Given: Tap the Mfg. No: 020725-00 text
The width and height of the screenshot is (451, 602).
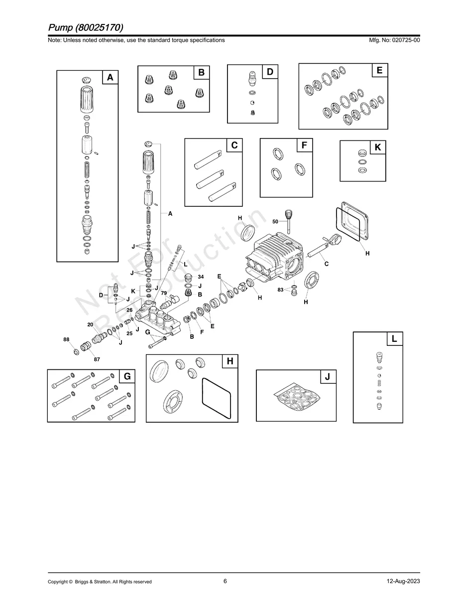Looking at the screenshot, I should click(x=393, y=40).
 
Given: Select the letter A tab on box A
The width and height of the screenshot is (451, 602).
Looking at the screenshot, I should click(x=110, y=77).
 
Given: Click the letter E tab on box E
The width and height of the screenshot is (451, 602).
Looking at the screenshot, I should click(x=379, y=71).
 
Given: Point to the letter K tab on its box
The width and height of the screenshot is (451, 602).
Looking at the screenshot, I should click(x=377, y=148).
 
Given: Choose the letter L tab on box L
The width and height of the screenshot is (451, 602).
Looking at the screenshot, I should click(x=394, y=339).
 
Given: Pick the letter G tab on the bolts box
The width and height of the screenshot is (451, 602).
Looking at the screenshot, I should click(x=127, y=377).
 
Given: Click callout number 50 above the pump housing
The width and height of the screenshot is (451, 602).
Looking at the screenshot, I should click(x=275, y=221).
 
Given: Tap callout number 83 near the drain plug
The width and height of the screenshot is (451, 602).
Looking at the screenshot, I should click(x=281, y=290).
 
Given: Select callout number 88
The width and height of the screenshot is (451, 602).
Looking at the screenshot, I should click(x=66, y=339).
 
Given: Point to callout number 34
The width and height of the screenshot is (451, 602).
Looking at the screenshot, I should click(x=201, y=277).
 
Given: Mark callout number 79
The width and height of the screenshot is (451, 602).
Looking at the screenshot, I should click(x=164, y=293).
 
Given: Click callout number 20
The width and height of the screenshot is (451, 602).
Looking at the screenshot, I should click(x=90, y=324).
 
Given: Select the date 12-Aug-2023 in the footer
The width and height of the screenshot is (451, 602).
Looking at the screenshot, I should click(x=403, y=582).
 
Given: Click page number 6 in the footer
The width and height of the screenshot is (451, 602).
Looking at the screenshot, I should click(x=225, y=581).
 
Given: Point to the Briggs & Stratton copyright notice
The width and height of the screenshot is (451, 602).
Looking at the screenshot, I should click(x=100, y=582).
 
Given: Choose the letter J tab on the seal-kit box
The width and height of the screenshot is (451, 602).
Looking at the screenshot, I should click(x=328, y=377).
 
